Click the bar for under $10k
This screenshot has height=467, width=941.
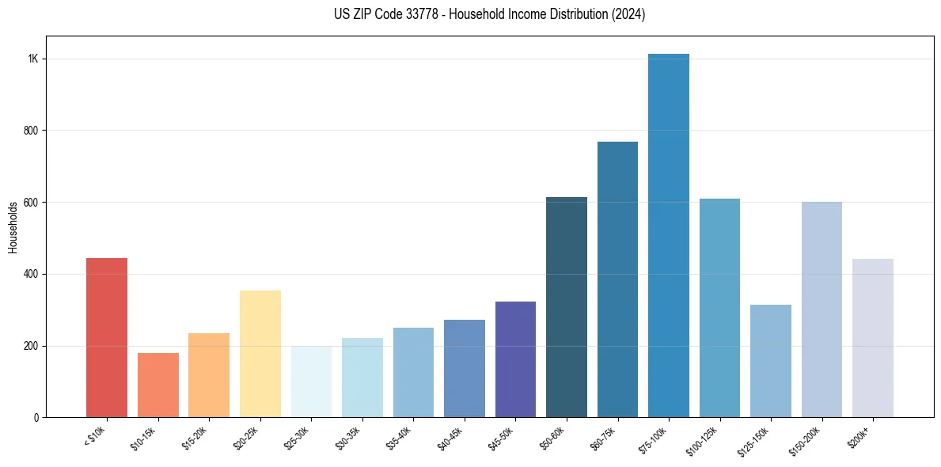tap(107, 338)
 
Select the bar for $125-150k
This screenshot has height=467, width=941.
tap(771, 361)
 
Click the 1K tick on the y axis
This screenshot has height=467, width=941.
tap(32, 59)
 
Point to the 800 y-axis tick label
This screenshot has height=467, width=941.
tap(31, 131)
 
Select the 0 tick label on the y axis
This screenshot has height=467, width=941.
tap(36, 418)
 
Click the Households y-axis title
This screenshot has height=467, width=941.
tap(13, 227)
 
